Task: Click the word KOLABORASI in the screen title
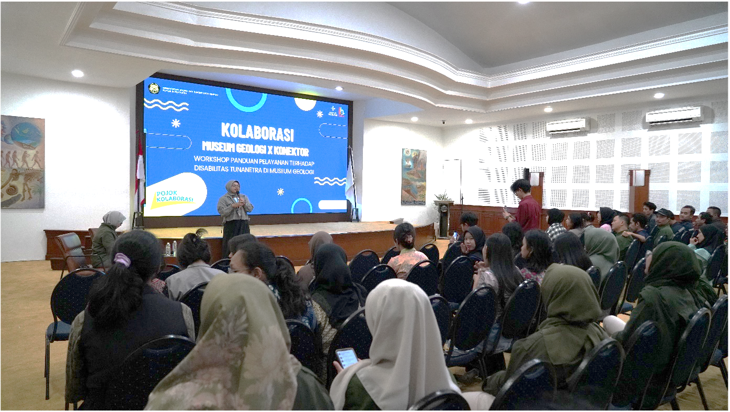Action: click(x=257, y=132)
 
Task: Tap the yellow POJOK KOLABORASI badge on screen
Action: click(x=175, y=197)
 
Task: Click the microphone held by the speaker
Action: click(x=238, y=195)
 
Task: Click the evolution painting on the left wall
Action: click(x=22, y=162)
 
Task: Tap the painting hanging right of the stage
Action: click(x=413, y=176)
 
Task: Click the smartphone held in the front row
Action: click(x=346, y=358)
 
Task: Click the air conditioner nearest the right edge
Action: click(x=674, y=116)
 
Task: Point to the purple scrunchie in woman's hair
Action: click(x=122, y=260)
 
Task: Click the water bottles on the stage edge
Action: click(x=171, y=248)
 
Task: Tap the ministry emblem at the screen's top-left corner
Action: click(x=153, y=88)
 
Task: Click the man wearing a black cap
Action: click(x=664, y=222)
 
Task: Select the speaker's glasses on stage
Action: click(x=233, y=186)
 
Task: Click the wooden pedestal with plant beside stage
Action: click(x=443, y=217)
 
